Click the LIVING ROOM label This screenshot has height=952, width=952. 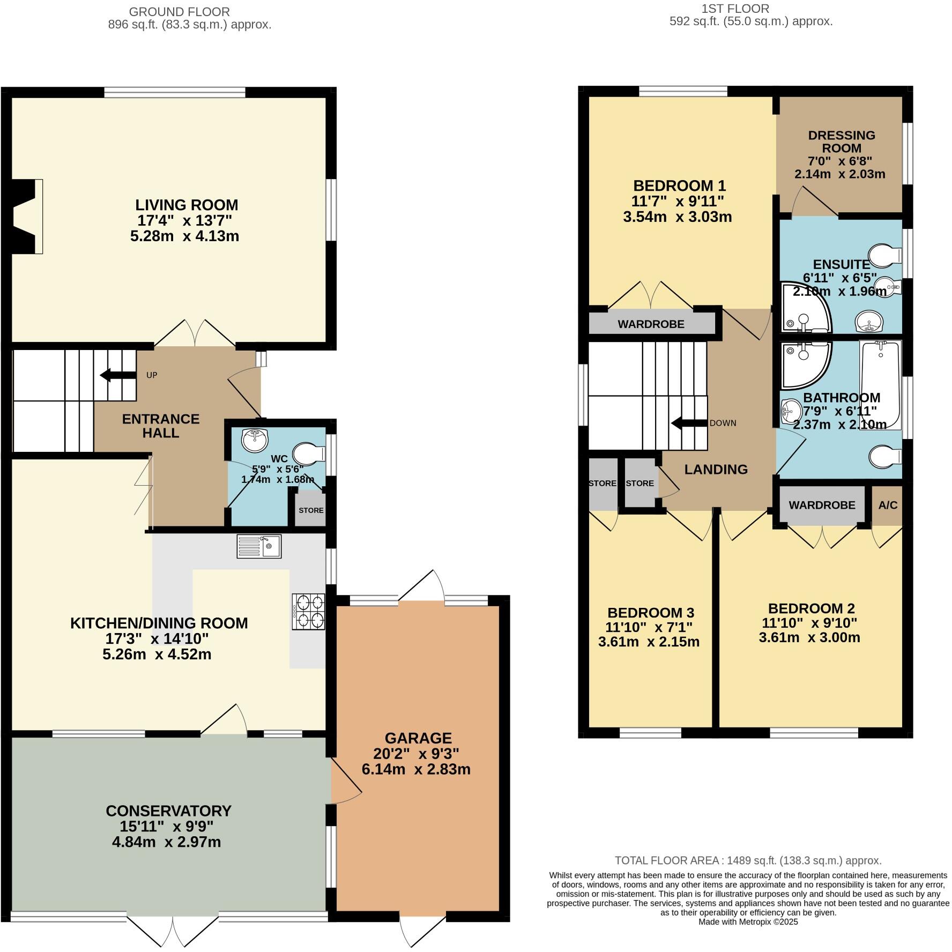[x=186, y=205]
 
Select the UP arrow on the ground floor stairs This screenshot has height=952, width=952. [x=117, y=375]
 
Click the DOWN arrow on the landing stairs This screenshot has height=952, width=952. [x=689, y=423]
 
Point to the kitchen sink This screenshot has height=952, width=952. [x=259, y=547]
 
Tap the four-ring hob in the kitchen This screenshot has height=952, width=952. [x=309, y=612]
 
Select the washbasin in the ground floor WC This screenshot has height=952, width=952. [x=255, y=440]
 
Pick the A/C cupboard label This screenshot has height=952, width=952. [x=888, y=505]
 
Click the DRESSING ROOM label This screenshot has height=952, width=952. [x=841, y=142]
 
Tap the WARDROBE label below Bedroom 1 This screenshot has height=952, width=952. [x=651, y=324]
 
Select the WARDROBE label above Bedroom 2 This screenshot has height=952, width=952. [x=822, y=505]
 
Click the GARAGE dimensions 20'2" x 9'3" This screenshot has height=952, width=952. [x=416, y=753]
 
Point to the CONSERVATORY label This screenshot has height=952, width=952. [x=168, y=810]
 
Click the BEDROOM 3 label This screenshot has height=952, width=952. [x=651, y=612]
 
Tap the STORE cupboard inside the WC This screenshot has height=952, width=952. [x=311, y=510]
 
